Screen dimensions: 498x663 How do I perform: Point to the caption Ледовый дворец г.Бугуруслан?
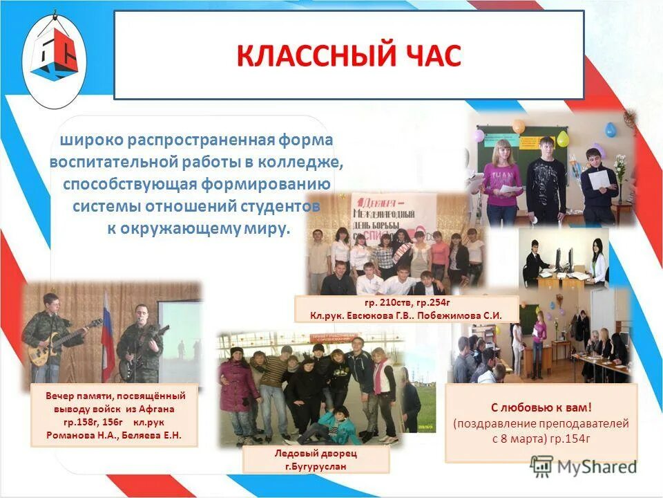[316, 459]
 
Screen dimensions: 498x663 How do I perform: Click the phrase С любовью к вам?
[541, 407]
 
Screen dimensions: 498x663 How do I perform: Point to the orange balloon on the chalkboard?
[519, 126]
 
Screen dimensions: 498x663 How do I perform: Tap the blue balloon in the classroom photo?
[611, 129]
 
